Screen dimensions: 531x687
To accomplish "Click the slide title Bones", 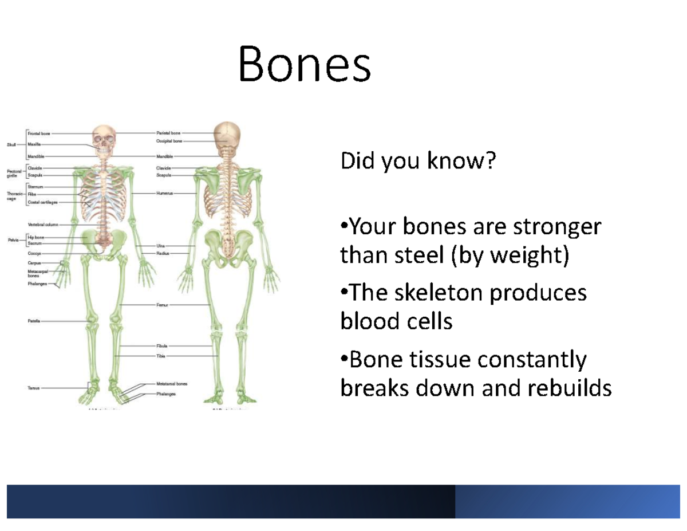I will tap(304, 65).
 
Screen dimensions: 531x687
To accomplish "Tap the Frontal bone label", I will tap(39, 133).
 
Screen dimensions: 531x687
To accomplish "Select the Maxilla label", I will tap(34, 144).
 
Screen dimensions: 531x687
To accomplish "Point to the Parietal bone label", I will tap(168, 133).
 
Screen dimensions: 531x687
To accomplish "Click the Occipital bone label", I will tap(169, 140).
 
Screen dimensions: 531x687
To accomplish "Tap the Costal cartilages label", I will tap(42, 202).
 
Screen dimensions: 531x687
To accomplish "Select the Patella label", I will tap(34, 321).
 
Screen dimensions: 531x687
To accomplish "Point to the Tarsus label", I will tap(33, 388).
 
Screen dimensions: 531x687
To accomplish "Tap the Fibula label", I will tap(162, 347).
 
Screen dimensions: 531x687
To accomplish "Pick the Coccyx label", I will tap(34, 253).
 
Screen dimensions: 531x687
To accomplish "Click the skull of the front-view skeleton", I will tap(104, 137).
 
